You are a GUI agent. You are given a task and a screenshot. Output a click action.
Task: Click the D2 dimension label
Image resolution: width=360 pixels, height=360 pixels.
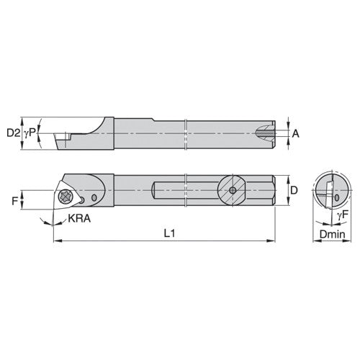tap(12, 132)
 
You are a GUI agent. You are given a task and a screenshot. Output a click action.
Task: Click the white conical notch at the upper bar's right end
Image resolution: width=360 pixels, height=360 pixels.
tap(266, 133)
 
